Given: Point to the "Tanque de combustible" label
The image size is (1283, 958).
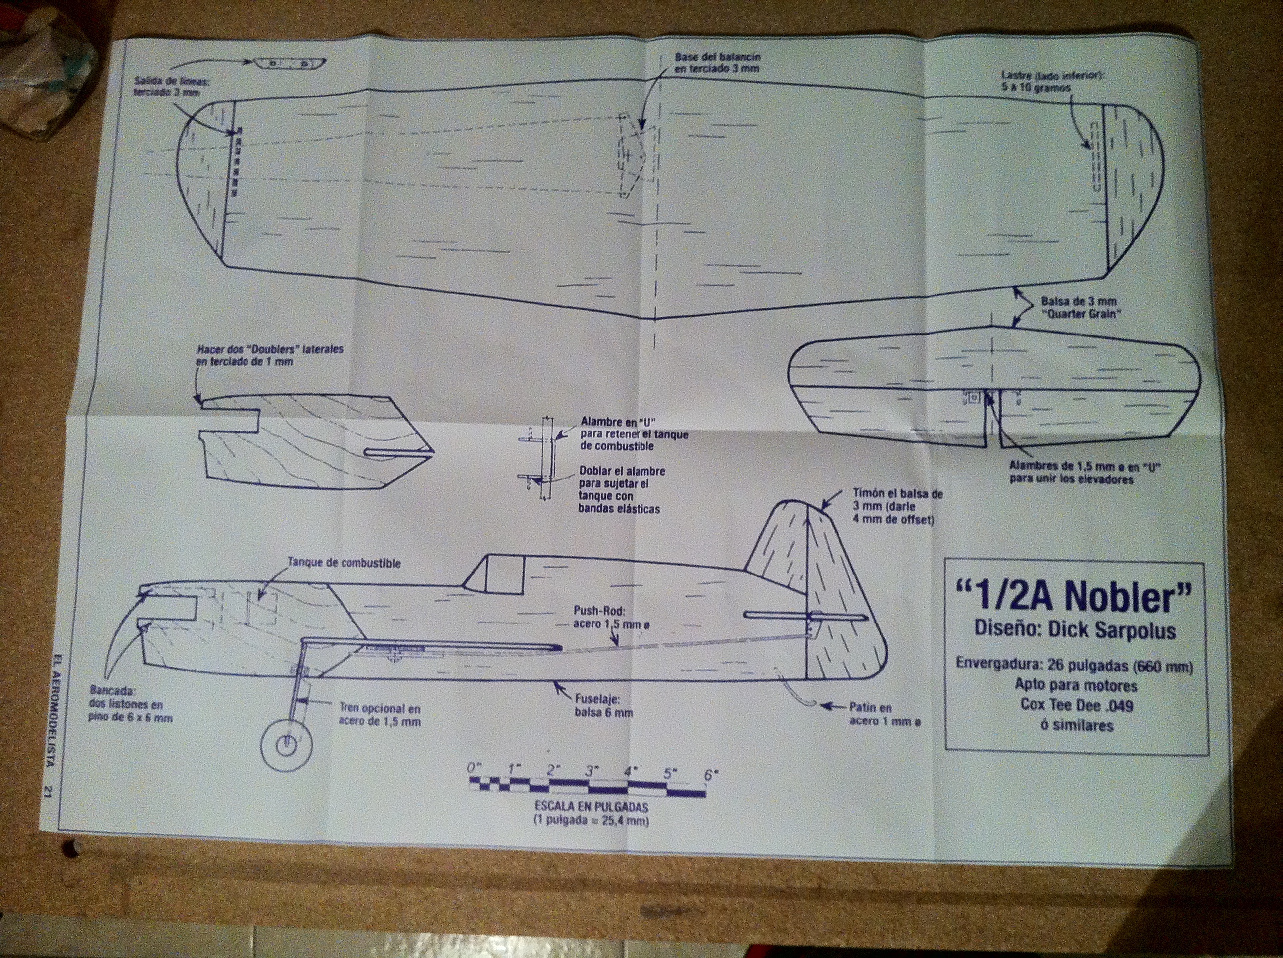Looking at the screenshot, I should pyautogui.click(x=344, y=563).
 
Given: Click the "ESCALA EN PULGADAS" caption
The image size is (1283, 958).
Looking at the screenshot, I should pyautogui.click(x=591, y=807).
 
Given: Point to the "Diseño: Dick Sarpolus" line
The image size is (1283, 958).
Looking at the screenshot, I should pyautogui.click(x=1075, y=630).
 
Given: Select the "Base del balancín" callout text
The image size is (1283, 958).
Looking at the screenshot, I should pyautogui.click(x=718, y=63).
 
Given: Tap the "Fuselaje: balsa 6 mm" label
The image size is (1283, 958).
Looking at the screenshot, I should pyautogui.click(x=604, y=706).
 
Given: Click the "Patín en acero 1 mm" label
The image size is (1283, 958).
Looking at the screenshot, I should pyautogui.click(x=885, y=714).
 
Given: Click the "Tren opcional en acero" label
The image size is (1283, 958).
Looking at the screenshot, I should pyautogui.click(x=379, y=715).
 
